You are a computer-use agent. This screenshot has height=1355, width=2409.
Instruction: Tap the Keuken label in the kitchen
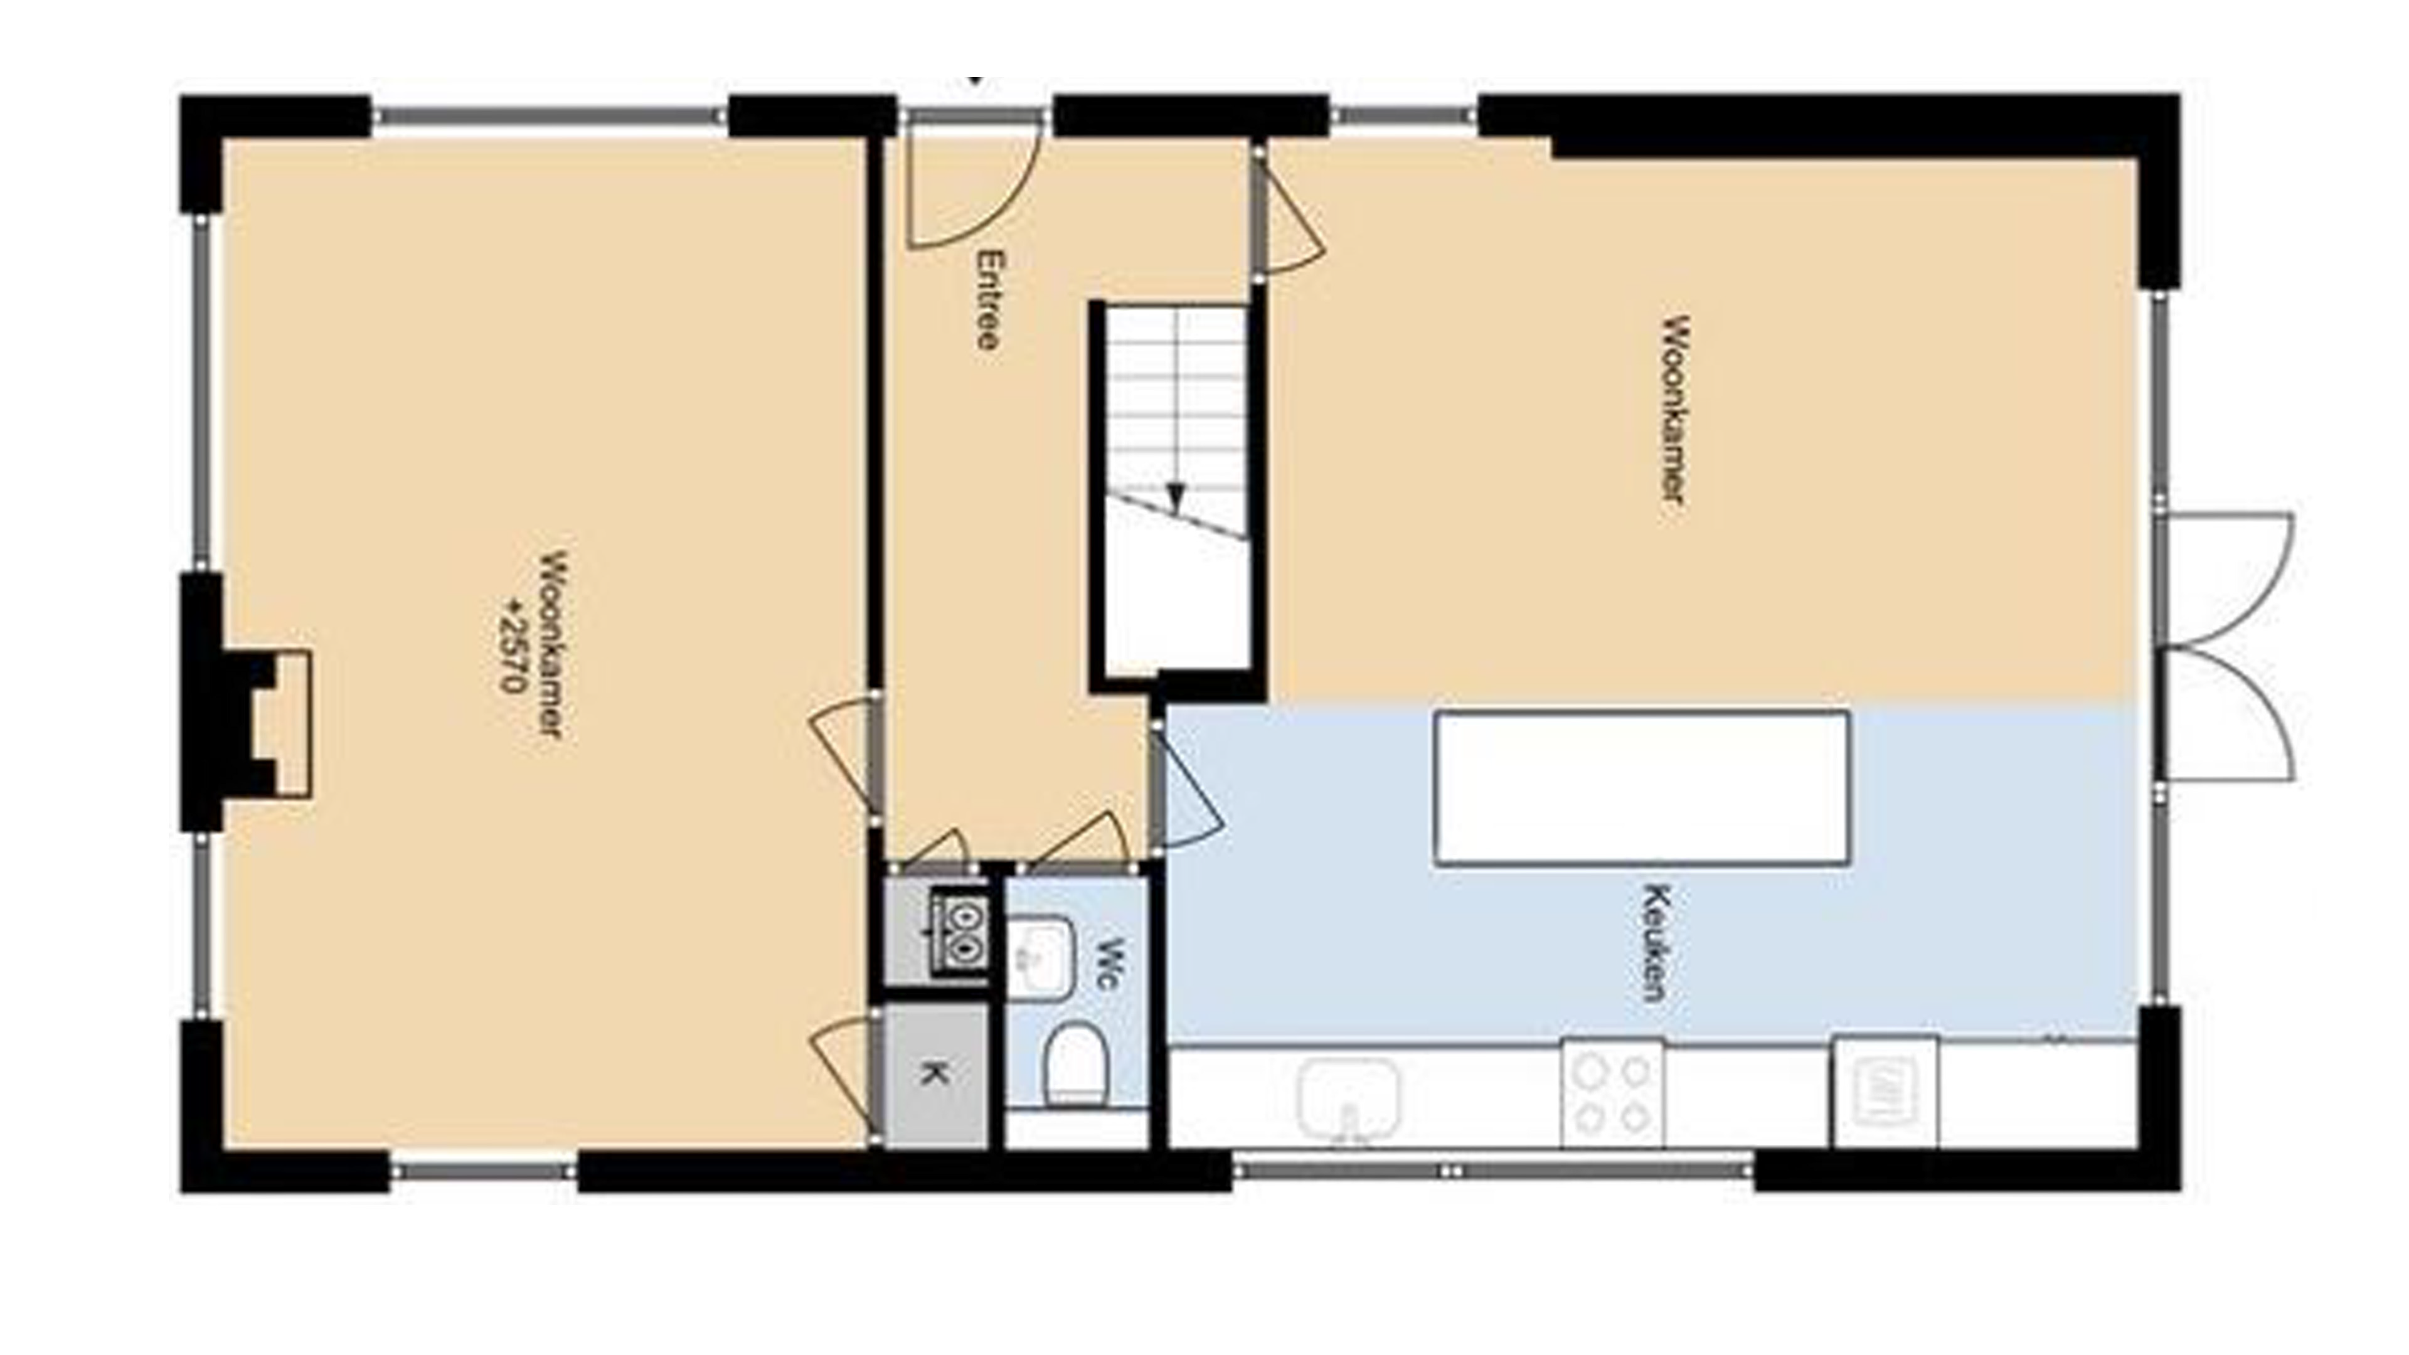tap(1657, 942)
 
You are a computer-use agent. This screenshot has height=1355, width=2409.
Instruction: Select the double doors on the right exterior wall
tap(2226, 646)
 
